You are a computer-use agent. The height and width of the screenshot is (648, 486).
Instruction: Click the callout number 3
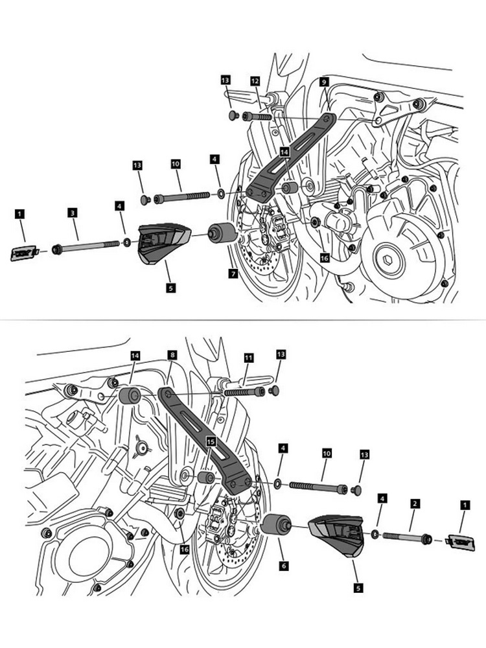click(x=73, y=212)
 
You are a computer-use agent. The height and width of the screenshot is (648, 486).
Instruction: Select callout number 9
click(x=323, y=82)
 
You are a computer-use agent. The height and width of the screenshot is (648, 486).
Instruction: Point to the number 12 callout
click(x=255, y=82)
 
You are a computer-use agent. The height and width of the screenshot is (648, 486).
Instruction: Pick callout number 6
click(x=284, y=565)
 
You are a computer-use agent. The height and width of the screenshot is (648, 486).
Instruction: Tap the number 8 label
click(x=172, y=355)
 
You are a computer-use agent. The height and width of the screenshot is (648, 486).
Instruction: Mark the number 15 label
click(x=210, y=441)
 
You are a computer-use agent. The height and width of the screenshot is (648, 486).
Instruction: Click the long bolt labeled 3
click(x=87, y=245)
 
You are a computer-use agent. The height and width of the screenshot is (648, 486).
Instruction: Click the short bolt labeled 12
click(x=258, y=117)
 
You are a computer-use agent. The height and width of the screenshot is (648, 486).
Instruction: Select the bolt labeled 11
click(x=244, y=391)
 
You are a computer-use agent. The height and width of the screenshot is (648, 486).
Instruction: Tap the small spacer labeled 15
click(x=207, y=478)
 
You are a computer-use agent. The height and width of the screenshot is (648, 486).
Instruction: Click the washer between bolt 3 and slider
click(x=127, y=242)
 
